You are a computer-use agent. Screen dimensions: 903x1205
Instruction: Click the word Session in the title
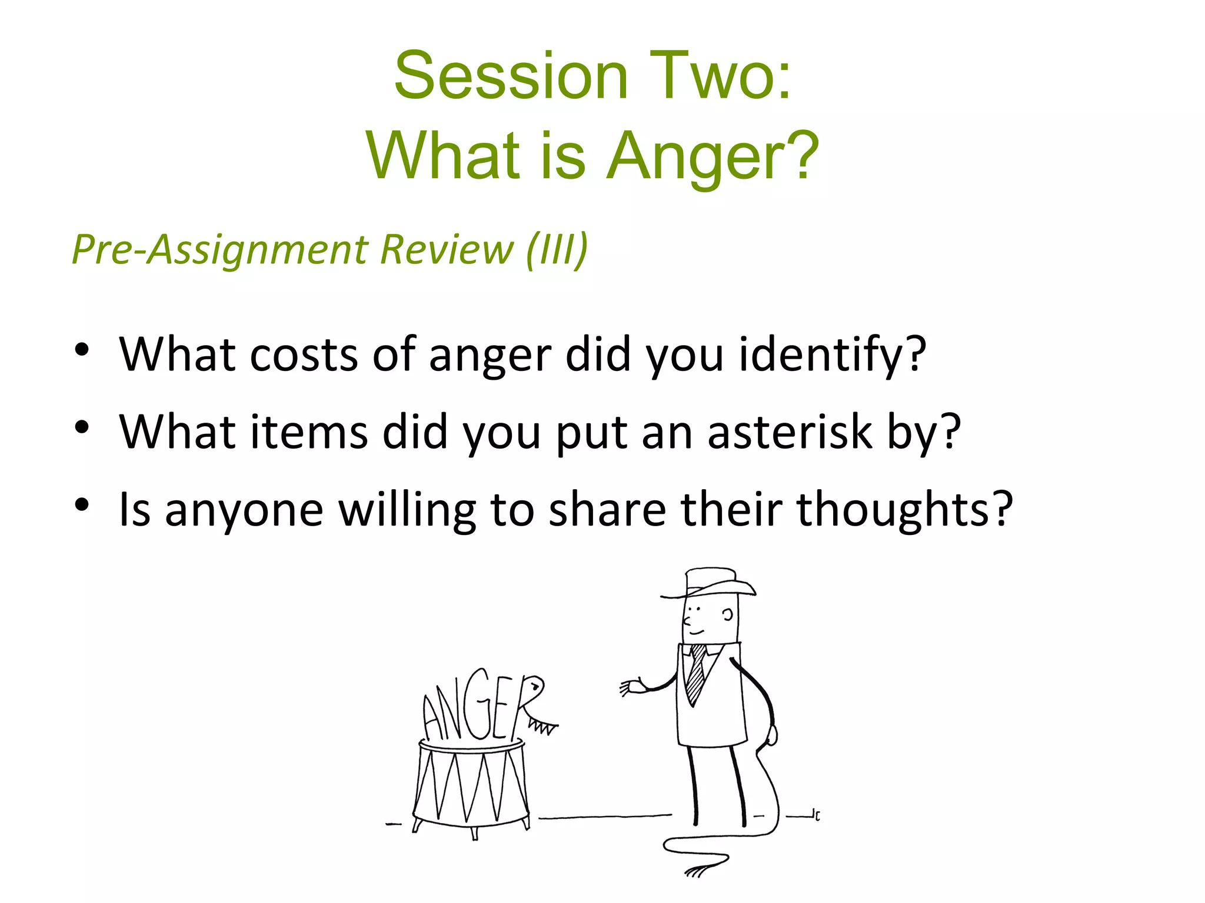[511, 76]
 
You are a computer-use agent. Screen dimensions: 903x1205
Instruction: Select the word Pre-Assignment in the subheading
[220, 250]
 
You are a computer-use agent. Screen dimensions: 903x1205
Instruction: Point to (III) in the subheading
[556, 250]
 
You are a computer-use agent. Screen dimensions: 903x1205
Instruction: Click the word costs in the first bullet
[303, 355]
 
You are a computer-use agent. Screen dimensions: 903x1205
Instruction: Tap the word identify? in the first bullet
[832, 355]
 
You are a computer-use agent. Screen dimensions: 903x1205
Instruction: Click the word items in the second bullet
[309, 432]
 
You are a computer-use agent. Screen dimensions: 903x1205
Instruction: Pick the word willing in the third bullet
[407, 510]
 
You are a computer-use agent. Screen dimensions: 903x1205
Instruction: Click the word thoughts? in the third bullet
[904, 510]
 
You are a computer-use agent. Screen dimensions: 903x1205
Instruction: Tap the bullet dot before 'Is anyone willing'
[82, 504]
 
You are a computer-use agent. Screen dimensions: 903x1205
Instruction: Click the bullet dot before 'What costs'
[82, 350]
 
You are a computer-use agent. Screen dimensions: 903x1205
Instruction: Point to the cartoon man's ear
[728, 615]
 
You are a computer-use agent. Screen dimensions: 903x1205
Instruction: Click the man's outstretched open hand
[631, 687]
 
